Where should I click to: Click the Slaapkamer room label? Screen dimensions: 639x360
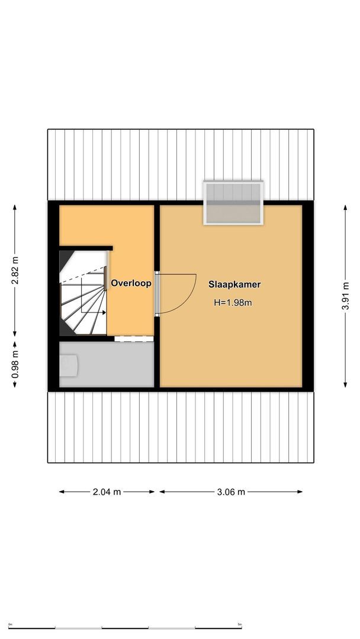click(234, 284)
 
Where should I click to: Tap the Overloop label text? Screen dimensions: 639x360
click(131, 283)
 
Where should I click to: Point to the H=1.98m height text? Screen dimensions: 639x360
click(233, 303)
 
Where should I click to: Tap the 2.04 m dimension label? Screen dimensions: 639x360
click(107, 492)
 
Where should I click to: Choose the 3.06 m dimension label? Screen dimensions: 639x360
click(231, 492)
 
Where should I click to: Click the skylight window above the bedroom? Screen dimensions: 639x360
click(233, 204)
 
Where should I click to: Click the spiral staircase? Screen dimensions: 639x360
click(83, 293)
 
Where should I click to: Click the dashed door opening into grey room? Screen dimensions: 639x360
click(134, 339)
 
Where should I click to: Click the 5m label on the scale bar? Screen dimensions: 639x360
click(240, 624)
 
